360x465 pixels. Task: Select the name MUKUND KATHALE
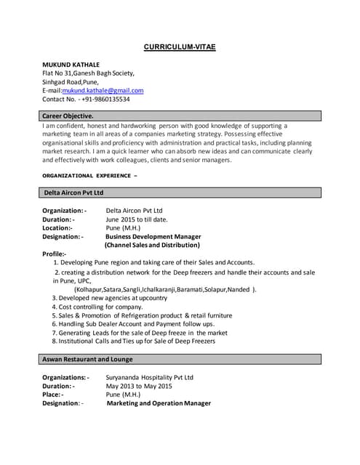click(71, 65)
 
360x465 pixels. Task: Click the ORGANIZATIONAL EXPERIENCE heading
click(90, 175)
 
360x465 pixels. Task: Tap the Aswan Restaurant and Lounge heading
click(87, 359)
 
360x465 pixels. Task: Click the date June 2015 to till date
click(137, 219)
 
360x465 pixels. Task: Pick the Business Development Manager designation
click(153, 236)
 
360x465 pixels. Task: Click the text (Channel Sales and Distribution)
click(152, 245)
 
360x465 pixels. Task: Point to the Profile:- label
click(55, 254)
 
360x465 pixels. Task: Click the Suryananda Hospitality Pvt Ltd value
click(150, 378)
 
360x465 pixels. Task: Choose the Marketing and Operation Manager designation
click(159, 403)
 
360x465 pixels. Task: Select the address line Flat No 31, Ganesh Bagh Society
click(88, 73)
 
